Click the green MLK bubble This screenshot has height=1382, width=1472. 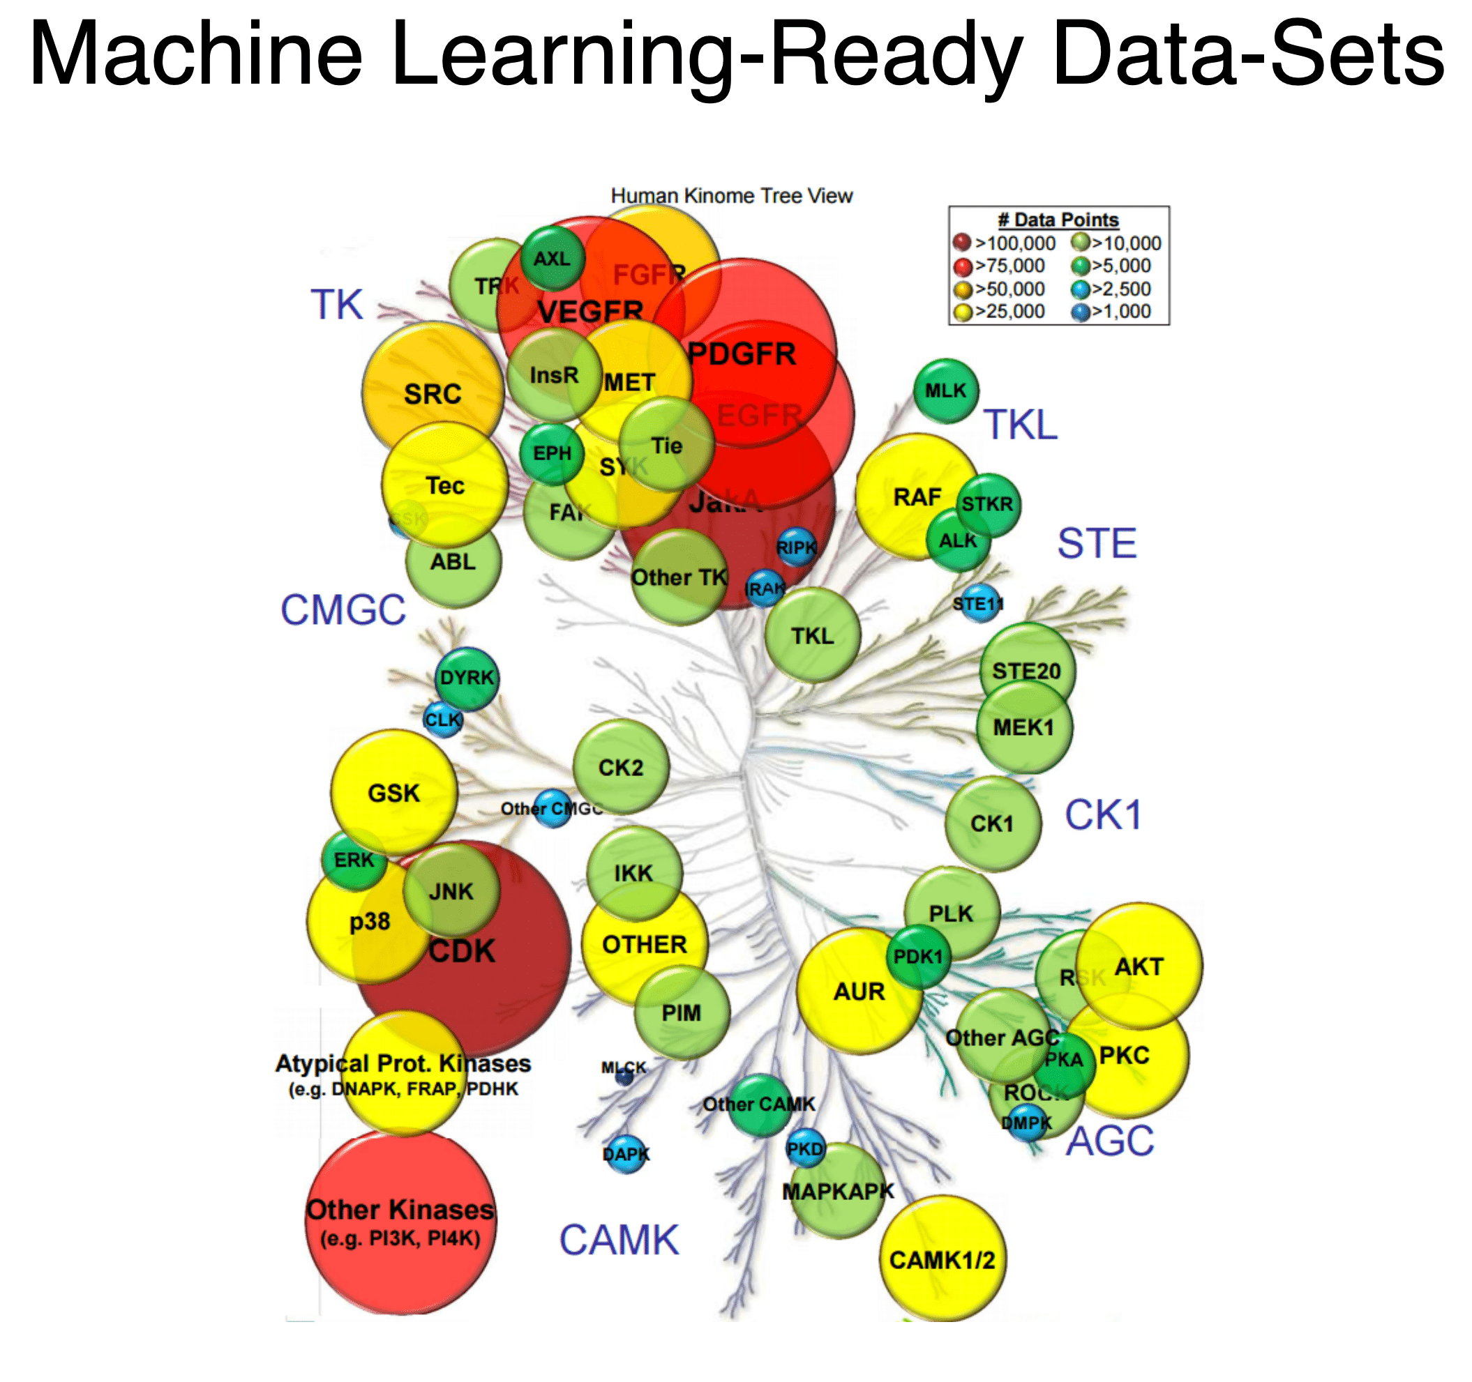[945, 391]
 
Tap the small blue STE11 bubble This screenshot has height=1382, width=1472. [979, 604]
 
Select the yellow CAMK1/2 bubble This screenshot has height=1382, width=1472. [942, 1259]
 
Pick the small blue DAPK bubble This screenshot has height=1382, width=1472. [626, 1154]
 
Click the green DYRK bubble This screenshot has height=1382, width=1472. [467, 678]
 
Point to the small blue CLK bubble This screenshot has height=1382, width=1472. [443, 720]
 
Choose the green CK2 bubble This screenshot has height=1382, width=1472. [620, 768]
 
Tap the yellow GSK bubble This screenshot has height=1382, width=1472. [393, 793]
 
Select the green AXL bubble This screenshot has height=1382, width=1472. [553, 258]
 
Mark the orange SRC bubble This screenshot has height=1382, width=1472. [432, 393]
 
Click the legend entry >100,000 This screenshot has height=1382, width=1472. [1005, 243]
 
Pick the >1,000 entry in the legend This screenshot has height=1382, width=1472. [1111, 312]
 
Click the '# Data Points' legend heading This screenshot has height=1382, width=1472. [1058, 220]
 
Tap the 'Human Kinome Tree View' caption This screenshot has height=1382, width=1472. [731, 195]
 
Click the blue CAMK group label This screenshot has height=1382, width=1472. [618, 1240]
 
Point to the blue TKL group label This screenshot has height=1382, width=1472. [1020, 425]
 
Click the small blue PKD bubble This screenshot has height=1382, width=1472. [805, 1149]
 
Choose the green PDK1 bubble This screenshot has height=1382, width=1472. [918, 957]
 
